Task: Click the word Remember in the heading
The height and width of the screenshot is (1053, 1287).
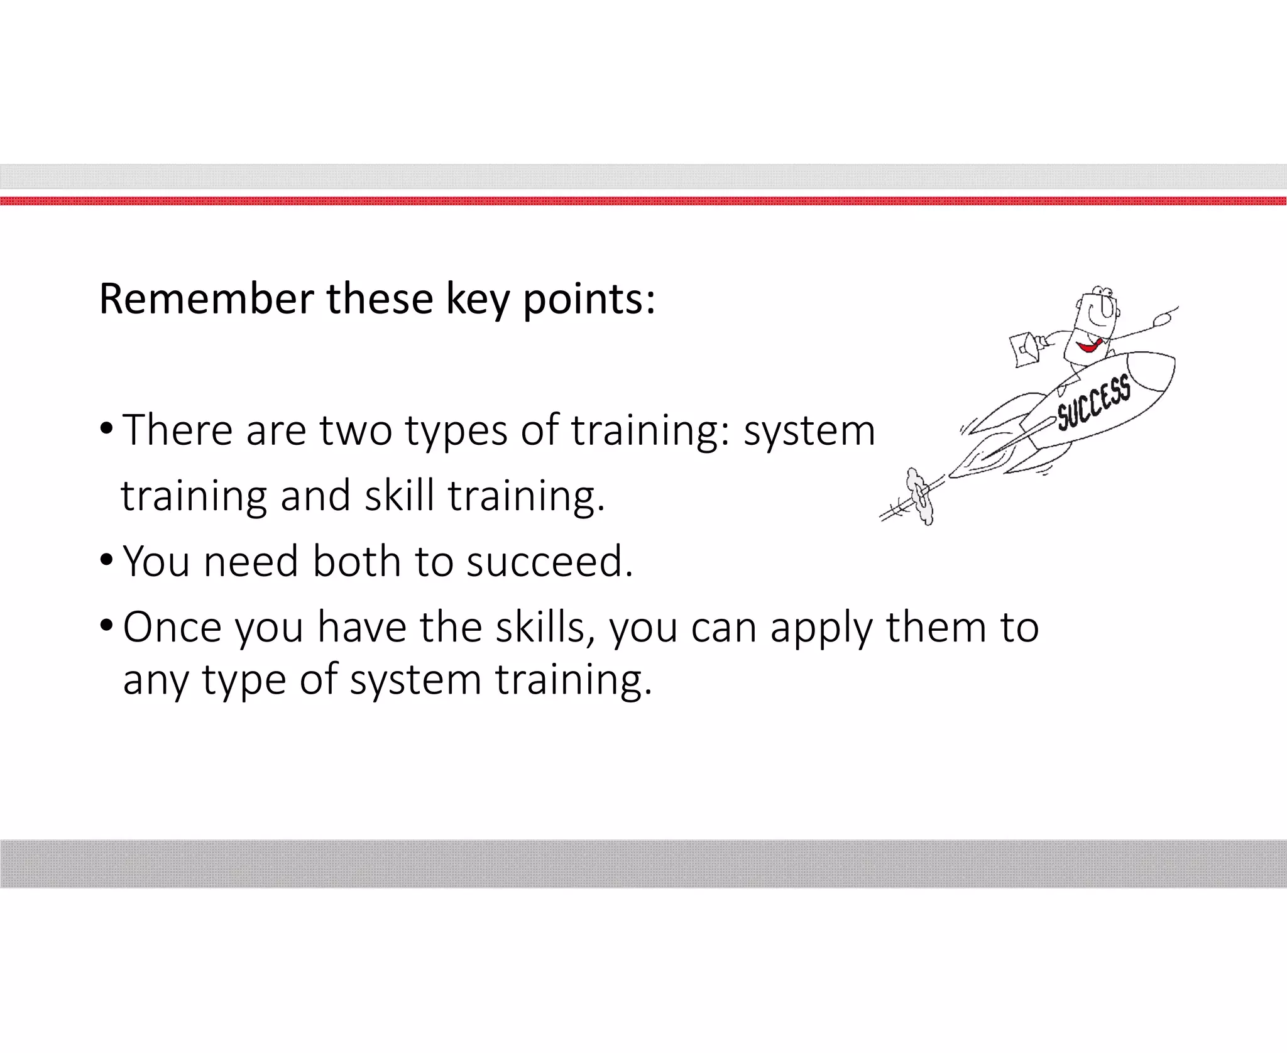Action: click(x=206, y=299)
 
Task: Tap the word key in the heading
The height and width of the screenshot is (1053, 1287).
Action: click(x=477, y=300)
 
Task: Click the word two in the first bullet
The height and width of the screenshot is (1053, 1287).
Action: click(x=356, y=431)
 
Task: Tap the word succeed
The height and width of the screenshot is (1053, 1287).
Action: click(x=549, y=560)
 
